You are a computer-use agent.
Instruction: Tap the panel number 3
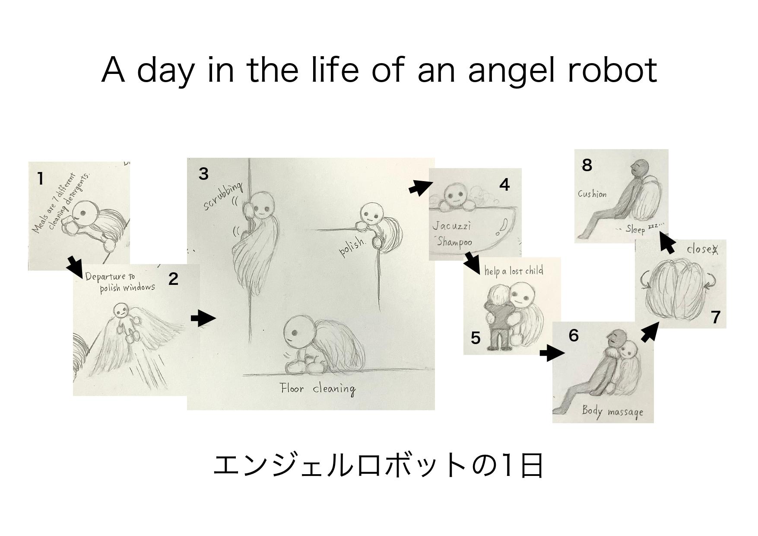pyautogui.click(x=203, y=174)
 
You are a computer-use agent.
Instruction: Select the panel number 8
pyautogui.click(x=587, y=165)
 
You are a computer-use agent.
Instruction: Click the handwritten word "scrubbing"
pyautogui.click(x=223, y=197)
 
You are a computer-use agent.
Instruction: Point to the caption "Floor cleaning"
pyautogui.click(x=318, y=389)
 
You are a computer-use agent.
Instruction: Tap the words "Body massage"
pyautogui.click(x=612, y=411)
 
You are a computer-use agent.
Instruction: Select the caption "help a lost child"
pyautogui.click(x=513, y=271)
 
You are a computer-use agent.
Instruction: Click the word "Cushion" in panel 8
pyautogui.click(x=592, y=194)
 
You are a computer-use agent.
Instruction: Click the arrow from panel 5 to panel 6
pyautogui.click(x=552, y=353)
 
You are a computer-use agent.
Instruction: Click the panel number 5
pyautogui.click(x=476, y=338)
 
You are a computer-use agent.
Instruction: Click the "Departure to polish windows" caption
pyautogui.click(x=120, y=282)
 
